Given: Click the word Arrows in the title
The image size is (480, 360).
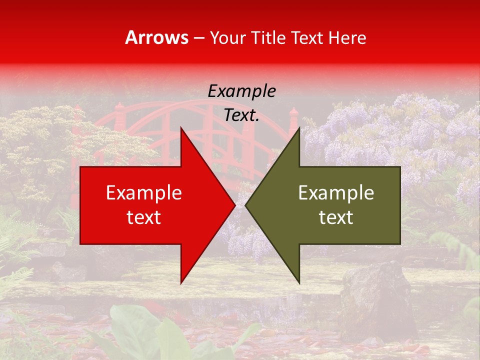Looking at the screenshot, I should [157, 37].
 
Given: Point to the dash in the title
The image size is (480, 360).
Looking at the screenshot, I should [199, 38].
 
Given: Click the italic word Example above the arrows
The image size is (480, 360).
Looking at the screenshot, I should [241, 91].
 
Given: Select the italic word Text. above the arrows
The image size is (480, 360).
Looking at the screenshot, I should [241, 115].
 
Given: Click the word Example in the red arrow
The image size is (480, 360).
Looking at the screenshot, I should [144, 193].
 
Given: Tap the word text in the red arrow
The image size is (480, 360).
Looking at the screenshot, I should [144, 217].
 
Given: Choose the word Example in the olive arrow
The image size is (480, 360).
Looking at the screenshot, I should [336, 193].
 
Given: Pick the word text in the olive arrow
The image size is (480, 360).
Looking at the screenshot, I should [336, 217].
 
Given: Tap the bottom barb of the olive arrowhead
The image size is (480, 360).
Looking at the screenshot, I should [298, 281].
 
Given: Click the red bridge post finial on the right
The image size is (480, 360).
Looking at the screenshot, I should [293, 112].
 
